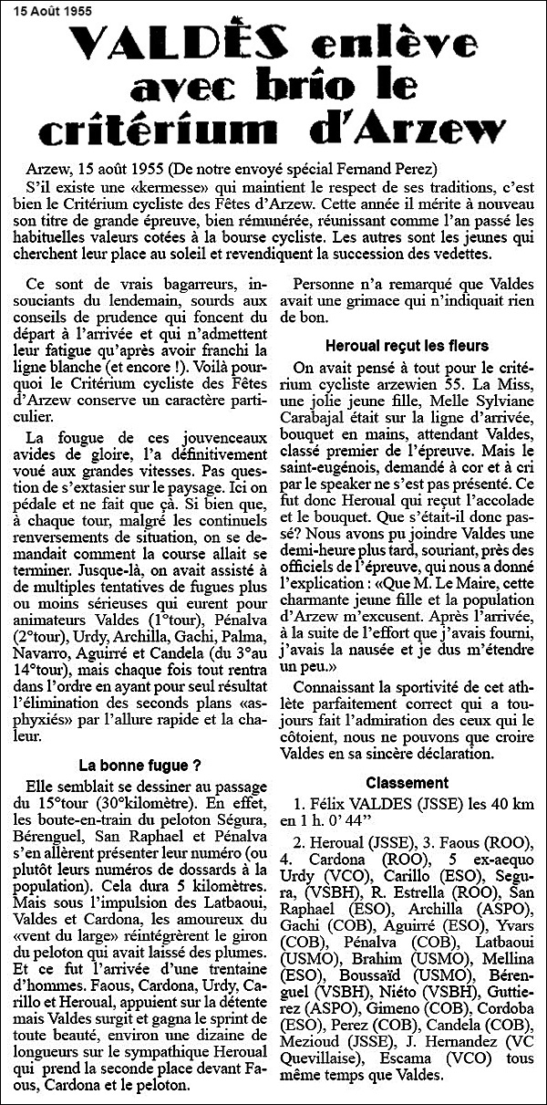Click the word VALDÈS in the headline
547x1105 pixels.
coord(163,45)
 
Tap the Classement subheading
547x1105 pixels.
coord(407,782)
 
